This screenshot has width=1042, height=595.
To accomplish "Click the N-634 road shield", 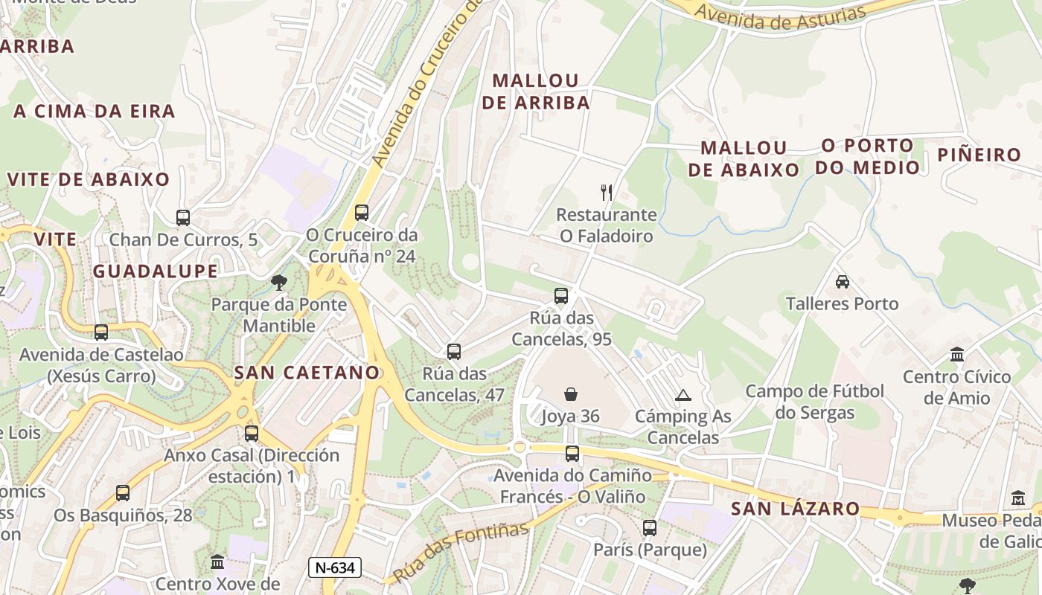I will click(x=335, y=568).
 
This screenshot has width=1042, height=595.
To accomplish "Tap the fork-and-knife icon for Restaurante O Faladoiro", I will click(x=607, y=193).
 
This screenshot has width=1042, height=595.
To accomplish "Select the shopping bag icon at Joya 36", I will click(x=571, y=394).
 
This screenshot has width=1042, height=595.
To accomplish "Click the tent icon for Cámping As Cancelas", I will click(x=683, y=395).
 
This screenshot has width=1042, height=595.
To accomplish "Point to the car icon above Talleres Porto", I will click(x=843, y=282).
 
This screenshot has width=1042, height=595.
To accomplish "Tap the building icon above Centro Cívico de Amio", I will click(x=957, y=354).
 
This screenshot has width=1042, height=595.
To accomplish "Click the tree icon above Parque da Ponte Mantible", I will click(x=279, y=283).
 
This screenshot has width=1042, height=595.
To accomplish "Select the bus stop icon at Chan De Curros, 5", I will click(x=183, y=218).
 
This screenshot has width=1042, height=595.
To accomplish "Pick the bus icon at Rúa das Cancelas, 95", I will click(x=561, y=296).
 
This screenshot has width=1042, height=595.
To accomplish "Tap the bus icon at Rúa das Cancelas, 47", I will click(x=454, y=352).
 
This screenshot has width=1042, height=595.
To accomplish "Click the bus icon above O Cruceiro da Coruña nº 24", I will click(x=362, y=213).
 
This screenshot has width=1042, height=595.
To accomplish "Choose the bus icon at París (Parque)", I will click(x=650, y=528).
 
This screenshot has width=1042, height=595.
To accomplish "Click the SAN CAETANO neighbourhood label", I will click(x=307, y=373).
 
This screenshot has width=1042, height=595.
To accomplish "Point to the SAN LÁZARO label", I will click(x=796, y=509).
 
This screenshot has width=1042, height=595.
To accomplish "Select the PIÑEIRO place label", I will click(x=979, y=155).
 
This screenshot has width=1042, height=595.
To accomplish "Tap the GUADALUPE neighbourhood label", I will click(x=156, y=271).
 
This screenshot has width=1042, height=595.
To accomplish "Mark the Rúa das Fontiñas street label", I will click(x=461, y=552).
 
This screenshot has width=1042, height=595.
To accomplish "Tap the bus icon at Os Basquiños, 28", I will click(x=123, y=492).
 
